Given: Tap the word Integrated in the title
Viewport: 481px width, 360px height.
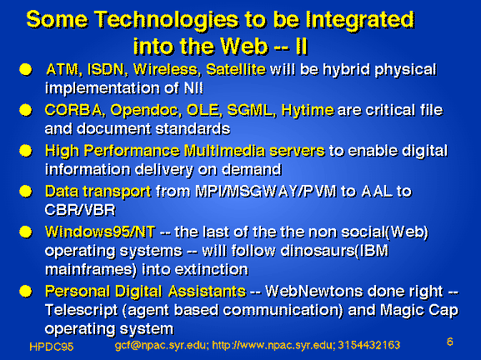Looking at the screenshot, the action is coord(360,21).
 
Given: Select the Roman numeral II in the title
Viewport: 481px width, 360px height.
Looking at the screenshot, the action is coord(302,47).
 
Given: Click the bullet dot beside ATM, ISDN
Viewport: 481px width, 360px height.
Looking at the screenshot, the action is coord(26,70).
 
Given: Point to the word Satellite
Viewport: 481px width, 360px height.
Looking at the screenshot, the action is coord(236,70).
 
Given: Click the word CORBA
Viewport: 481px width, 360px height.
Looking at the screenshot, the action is coord(73,110).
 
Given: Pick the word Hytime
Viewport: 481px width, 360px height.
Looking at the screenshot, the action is coord(308,110).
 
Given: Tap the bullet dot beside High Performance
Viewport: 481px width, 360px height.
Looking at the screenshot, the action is coord(26,151).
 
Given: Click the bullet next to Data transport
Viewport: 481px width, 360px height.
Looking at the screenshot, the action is coord(26,192).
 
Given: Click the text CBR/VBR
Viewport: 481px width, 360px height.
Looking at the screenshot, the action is coord(80,210).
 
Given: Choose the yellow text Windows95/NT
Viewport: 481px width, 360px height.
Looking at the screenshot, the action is coord(100,232).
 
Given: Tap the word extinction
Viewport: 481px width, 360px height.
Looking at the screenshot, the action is coord(212,270).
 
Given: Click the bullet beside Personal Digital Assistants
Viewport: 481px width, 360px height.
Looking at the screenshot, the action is coord(26,292).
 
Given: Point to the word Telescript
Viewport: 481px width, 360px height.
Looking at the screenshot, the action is coord(82,310).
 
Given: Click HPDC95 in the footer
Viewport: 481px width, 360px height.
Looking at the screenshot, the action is coord(52,347).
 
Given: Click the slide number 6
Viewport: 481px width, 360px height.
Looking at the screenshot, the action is coord(450,342).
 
